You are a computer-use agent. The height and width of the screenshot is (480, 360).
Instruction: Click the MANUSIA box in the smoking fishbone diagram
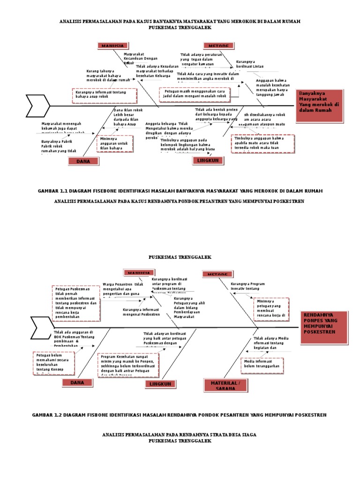click(x=112, y=45)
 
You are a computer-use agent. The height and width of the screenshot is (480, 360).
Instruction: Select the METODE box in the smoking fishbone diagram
click(x=218, y=45)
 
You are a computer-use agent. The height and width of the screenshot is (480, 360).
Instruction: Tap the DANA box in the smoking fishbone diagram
click(x=83, y=161)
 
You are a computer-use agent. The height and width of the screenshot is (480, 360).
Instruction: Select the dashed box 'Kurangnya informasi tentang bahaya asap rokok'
click(x=105, y=96)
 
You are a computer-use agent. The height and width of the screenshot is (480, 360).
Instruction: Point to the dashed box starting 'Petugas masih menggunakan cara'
click(x=195, y=94)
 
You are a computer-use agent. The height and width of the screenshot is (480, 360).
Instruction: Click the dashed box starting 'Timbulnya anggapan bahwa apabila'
click(x=263, y=144)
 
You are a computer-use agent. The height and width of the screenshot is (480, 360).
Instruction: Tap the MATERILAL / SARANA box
click(x=225, y=385)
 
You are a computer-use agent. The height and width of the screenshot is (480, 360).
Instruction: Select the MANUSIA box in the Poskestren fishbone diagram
click(x=139, y=273)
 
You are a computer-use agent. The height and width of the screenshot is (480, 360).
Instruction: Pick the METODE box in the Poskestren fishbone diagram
click(x=217, y=274)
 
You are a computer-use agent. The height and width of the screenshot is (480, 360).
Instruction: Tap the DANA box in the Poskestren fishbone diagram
click(x=77, y=383)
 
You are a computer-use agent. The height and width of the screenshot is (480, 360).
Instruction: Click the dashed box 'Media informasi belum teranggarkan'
click(x=262, y=365)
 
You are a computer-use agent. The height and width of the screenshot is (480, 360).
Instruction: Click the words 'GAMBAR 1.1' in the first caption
click(x=49, y=191)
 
